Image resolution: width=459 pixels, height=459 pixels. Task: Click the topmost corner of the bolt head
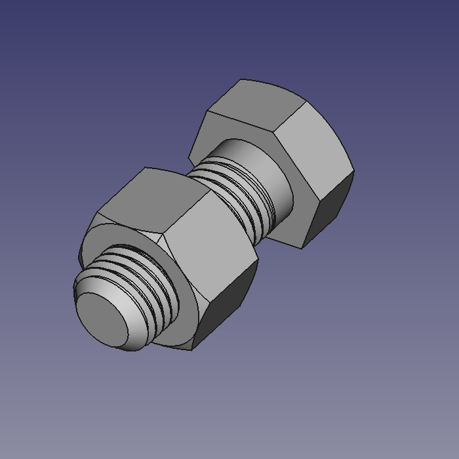[x=242, y=80]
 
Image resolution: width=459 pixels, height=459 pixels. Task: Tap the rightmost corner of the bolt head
[x=354, y=172]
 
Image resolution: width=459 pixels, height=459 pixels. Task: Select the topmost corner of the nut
[x=145, y=168]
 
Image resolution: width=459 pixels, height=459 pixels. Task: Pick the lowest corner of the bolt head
[x=302, y=248]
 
